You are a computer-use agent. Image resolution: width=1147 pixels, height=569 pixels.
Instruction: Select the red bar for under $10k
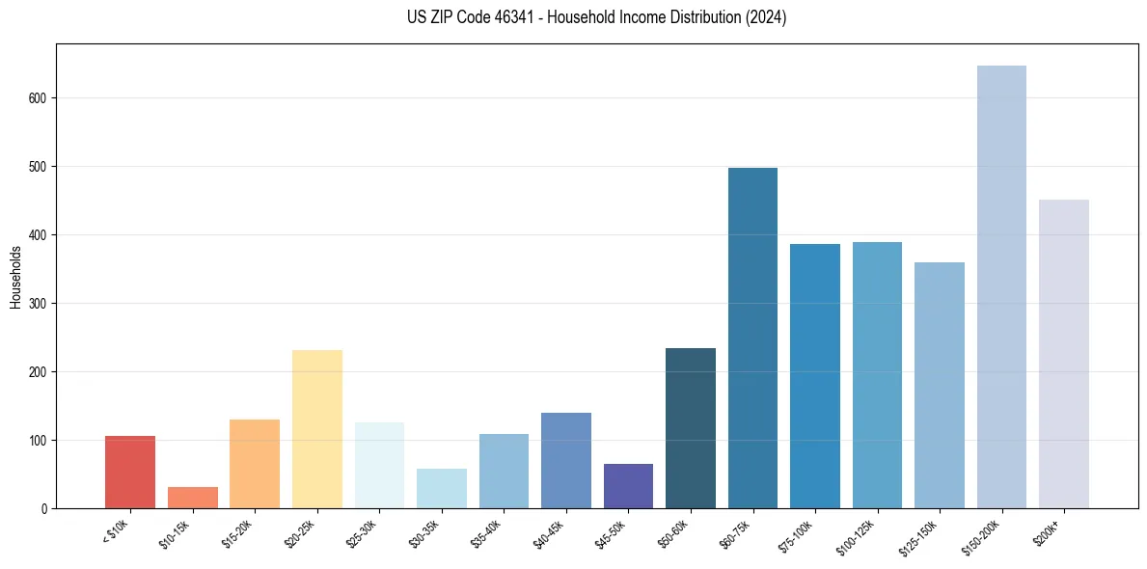tap(130, 472)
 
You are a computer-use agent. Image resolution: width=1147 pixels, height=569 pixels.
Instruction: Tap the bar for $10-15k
tap(193, 498)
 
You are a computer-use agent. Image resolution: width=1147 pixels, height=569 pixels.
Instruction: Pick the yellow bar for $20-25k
tap(317, 428)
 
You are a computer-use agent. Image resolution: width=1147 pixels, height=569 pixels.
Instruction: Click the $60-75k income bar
tap(752, 338)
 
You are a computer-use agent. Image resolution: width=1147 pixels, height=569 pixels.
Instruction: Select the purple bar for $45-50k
tap(628, 486)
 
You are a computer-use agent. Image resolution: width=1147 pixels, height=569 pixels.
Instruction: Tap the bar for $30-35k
tap(442, 488)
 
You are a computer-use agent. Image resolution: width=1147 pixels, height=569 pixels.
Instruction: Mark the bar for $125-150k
tap(940, 385)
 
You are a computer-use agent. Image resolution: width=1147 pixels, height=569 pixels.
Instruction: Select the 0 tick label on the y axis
tap(44, 509)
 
